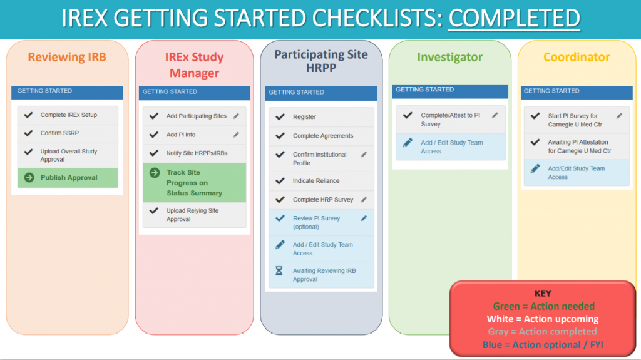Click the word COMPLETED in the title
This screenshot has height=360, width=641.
(x=515, y=18)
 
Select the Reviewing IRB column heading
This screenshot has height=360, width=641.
(x=67, y=57)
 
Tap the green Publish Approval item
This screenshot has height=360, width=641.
(x=69, y=178)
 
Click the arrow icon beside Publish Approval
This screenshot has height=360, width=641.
(x=29, y=178)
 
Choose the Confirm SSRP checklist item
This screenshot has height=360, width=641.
(x=59, y=133)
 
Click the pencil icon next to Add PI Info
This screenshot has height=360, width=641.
(x=236, y=135)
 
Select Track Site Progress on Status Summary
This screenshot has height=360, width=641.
(x=194, y=183)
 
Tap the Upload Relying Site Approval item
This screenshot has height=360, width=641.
(x=192, y=215)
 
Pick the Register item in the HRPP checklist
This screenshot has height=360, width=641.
(x=304, y=117)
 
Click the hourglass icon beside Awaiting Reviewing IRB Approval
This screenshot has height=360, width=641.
(x=280, y=271)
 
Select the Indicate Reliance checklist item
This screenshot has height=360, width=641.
(x=316, y=181)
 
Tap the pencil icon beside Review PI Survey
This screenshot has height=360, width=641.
(x=364, y=219)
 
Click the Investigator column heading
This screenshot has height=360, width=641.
(x=449, y=58)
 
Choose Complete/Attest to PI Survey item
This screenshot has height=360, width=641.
(x=450, y=120)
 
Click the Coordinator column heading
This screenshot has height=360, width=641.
(x=577, y=58)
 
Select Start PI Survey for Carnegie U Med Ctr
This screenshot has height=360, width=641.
(x=573, y=120)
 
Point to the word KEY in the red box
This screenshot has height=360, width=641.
(x=543, y=293)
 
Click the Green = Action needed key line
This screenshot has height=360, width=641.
(x=543, y=306)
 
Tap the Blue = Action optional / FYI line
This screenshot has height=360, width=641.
(x=543, y=344)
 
